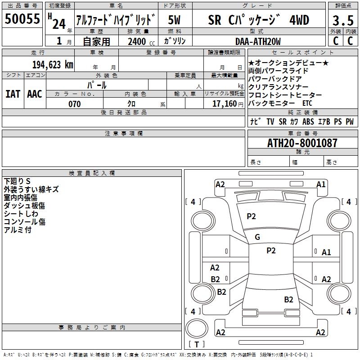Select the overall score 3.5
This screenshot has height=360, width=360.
tap(343, 21)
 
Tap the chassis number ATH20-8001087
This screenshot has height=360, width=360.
tap(302, 143)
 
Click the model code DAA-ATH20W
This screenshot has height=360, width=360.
tap(258, 41)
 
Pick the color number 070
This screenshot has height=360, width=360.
tap(74, 104)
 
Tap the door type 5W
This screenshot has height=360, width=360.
tap(175, 20)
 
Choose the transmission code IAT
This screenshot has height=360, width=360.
tap(13, 94)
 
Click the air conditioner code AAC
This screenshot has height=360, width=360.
tap(35, 94)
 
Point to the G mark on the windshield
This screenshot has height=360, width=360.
tap(257, 237)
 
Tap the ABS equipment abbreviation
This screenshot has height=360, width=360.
tap(308, 121)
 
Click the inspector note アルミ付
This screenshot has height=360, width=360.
tap(18, 230)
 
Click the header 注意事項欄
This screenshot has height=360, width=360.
tap(123, 134)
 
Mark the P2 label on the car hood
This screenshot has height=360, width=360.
tap(251, 216)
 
